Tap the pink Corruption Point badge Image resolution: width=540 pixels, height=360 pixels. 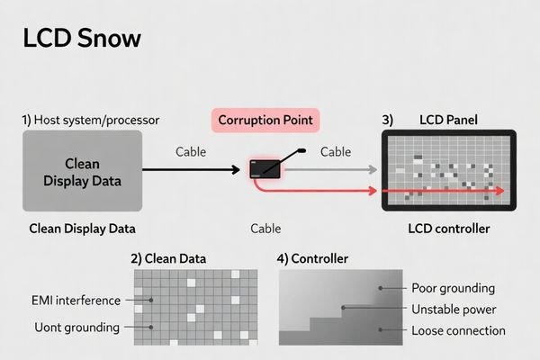coord(265,120)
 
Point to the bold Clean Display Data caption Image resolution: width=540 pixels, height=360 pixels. coord(83,229)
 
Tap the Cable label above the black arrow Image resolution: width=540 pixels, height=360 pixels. coord(193,152)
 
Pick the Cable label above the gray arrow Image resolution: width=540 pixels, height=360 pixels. coord(336,152)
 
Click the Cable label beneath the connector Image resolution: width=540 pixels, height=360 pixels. coord(265,229)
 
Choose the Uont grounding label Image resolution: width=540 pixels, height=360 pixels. coord(75,327)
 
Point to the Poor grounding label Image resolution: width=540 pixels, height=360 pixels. coord(453,288)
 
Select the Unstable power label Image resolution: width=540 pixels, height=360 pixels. coord(453,309)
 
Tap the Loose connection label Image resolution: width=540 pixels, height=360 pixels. coord(457,329)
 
